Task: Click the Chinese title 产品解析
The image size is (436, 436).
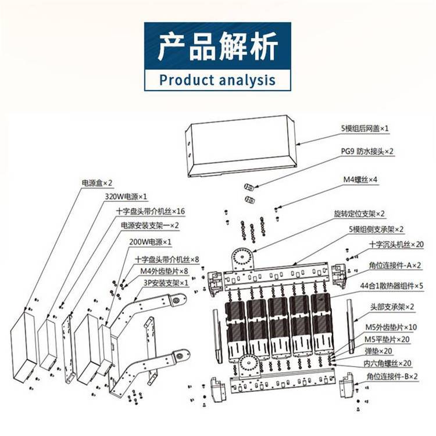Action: [218, 47]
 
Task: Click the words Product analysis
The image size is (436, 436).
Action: [217, 79]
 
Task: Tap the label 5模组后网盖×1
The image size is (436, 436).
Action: [364, 127]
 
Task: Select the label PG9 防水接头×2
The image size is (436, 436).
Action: [367, 151]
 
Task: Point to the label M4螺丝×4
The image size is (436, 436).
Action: [359, 180]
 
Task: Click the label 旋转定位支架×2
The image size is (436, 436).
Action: [359, 214]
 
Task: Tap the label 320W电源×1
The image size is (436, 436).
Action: [126, 197]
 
